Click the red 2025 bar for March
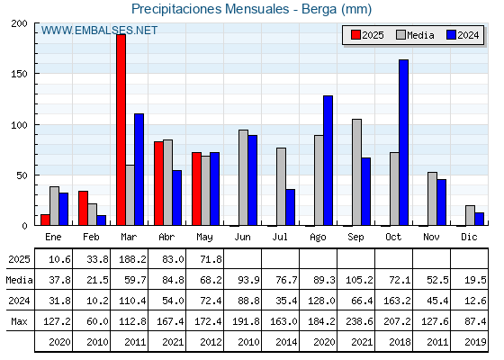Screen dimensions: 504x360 pos(121,130)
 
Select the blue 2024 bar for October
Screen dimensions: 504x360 pos(404,142)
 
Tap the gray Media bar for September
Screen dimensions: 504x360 pos(356,172)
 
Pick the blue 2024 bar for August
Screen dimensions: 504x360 pos(328,160)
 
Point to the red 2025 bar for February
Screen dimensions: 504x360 pos(83,208)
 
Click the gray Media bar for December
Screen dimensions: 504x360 pos(470,215)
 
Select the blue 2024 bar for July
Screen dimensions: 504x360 pos(290,207)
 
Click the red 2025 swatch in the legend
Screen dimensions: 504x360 pos(355,35)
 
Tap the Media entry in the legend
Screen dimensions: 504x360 pos(415,35)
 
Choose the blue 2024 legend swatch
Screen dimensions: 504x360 pos(451,35)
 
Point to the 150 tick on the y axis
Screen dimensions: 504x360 pos(19,74)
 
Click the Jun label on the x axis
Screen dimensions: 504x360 pos(242,238)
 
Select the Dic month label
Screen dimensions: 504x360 pos(469,238)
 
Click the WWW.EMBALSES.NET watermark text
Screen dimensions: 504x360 pos(99,31)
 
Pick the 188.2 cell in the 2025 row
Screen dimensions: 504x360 pos(132,259)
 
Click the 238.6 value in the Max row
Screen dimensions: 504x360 pos(359,321)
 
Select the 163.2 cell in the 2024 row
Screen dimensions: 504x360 pos(397,301)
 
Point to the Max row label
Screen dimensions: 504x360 pos(19,321)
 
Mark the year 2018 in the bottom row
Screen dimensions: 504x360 pos(400,342)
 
